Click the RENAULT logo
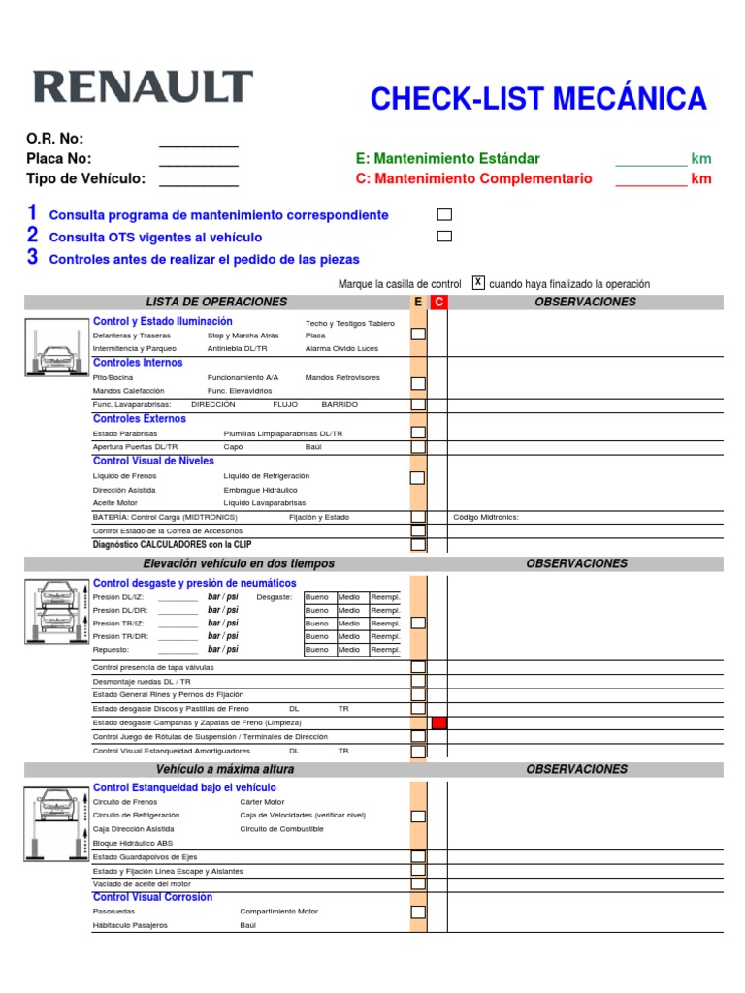click(144, 87)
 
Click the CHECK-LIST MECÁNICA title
click(538, 98)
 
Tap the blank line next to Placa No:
click(198, 159)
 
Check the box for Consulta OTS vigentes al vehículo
click(444, 236)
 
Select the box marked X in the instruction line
click(478, 282)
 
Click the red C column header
click(438, 303)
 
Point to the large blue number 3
click(32, 257)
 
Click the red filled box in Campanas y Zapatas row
click(438, 722)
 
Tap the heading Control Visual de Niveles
click(153, 461)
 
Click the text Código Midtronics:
click(486, 518)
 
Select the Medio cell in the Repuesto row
click(349, 650)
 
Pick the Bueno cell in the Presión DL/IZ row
click(317, 597)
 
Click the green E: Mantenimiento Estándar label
click(448, 158)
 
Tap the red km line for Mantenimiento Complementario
click(651, 178)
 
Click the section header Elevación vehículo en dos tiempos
click(238, 563)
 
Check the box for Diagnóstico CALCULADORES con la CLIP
click(418, 545)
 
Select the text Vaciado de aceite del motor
click(142, 884)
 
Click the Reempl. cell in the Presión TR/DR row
click(385, 636)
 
